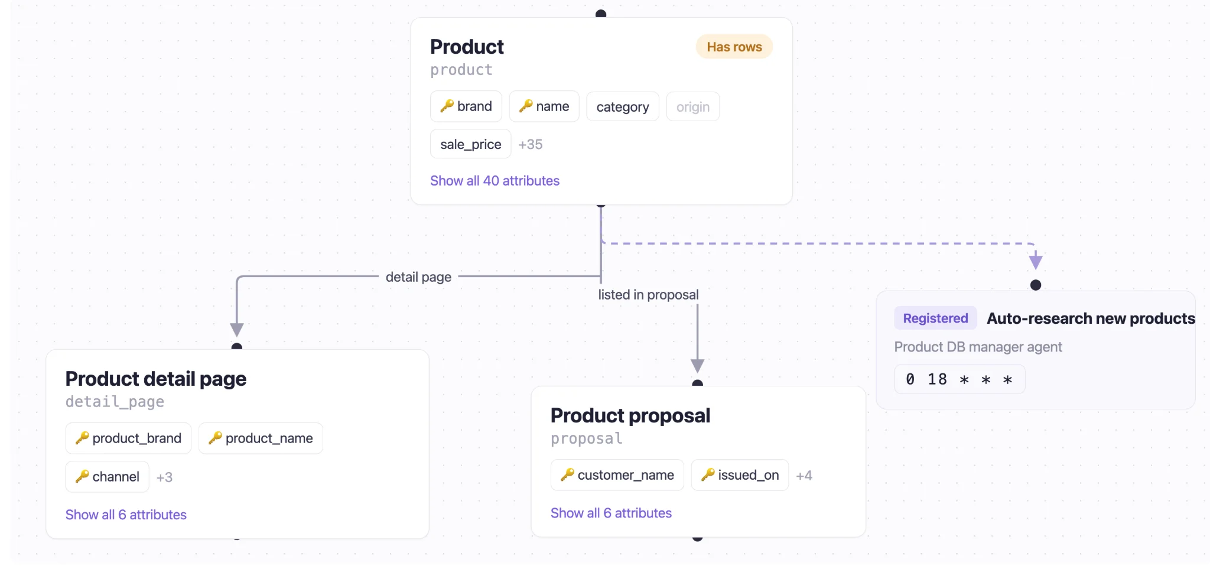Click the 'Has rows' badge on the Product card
click(734, 47)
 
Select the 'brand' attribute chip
click(466, 106)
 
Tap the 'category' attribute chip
click(623, 107)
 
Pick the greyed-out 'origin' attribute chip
click(693, 107)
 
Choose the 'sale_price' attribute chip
click(471, 144)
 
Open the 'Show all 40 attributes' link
click(495, 181)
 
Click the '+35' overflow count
click(531, 144)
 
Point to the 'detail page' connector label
click(418, 277)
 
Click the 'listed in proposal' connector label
click(648, 295)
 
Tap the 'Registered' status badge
click(935, 318)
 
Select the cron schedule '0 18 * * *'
click(959, 379)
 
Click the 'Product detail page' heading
click(156, 379)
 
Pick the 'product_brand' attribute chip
click(128, 438)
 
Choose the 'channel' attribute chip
click(108, 477)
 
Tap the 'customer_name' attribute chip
click(617, 475)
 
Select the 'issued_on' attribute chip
click(740, 475)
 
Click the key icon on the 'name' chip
click(526, 106)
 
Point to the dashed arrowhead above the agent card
click(1036, 261)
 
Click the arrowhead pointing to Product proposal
click(698, 366)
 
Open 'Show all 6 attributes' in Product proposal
click(611, 513)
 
